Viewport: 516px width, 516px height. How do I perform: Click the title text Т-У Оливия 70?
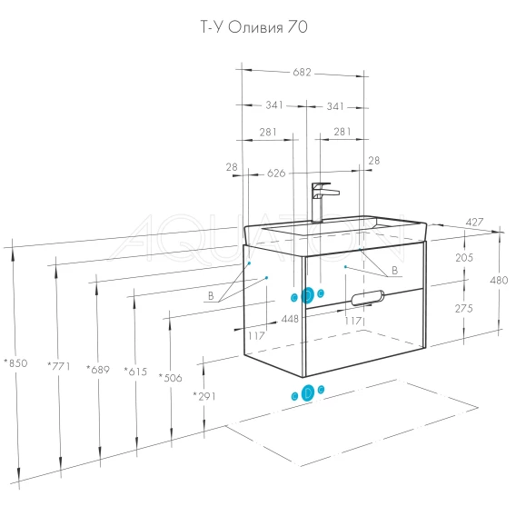[254, 27]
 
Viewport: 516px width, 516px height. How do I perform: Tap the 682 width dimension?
[302, 72]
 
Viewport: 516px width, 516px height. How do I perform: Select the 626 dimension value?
[276, 174]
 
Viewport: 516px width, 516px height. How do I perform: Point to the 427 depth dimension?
[474, 223]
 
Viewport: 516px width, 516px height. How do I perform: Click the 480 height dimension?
[499, 281]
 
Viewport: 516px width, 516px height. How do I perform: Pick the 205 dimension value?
[464, 257]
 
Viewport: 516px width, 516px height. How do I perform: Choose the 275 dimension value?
[463, 308]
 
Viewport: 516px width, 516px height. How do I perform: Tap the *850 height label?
[15, 363]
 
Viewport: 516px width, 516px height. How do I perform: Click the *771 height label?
[59, 366]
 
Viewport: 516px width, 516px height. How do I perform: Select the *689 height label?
[98, 370]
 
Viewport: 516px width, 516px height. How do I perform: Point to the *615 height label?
[135, 372]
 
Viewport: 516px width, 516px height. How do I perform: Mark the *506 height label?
[170, 377]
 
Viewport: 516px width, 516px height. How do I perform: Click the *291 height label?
[204, 396]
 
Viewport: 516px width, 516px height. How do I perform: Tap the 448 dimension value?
[290, 319]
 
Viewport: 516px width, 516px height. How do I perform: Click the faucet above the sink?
[322, 202]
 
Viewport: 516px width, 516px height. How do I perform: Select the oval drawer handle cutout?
[368, 298]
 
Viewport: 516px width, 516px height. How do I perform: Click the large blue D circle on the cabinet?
[308, 295]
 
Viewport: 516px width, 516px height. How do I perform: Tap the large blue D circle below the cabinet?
[308, 392]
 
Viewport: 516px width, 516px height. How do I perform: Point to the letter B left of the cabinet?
[211, 296]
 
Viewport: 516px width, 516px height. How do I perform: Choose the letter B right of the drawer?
[394, 271]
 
